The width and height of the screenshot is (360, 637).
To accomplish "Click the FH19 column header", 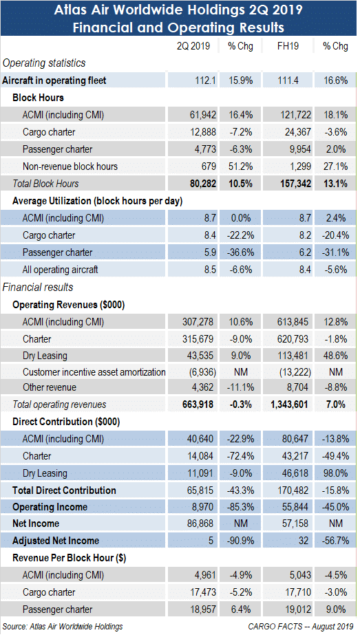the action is [x=288, y=46].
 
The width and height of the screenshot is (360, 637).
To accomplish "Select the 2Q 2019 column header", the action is [x=193, y=46].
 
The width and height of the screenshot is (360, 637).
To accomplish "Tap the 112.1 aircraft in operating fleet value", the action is [x=205, y=80].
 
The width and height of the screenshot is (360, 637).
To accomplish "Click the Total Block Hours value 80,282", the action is [x=203, y=184].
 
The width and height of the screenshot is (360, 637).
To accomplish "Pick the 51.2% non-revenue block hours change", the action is [x=240, y=166].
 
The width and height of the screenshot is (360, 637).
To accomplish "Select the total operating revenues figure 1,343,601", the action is [x=289, y=404].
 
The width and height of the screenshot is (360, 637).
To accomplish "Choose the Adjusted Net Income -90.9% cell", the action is [x=240, y=541].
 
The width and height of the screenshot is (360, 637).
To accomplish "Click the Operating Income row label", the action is [x=50, y=508].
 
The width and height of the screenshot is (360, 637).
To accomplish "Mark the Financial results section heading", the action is [x=38, y=288].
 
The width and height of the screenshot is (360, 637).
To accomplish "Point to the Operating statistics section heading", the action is [x=44, y=63].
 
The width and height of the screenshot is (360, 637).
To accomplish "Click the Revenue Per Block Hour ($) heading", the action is [x=69, y=558].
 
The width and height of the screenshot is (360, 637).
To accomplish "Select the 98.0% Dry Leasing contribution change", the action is [x=336, y=474].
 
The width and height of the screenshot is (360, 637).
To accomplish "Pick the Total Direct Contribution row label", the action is [x=64, y=490].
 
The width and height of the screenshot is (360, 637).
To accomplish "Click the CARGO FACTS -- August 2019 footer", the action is [x=301, y=627].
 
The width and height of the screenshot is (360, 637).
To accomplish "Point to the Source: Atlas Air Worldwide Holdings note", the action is [x=63, y=627].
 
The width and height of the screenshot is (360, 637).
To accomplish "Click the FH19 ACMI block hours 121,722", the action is [x=295, y=116].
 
